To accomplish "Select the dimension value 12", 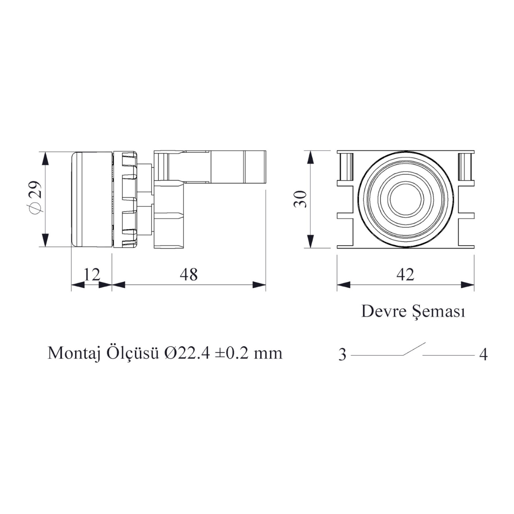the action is click(92, 274).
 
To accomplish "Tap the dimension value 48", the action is click(189, 274).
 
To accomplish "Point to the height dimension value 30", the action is click(301, 199).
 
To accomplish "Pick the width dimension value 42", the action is click(405, 274).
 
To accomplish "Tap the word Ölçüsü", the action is click(132, 353).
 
